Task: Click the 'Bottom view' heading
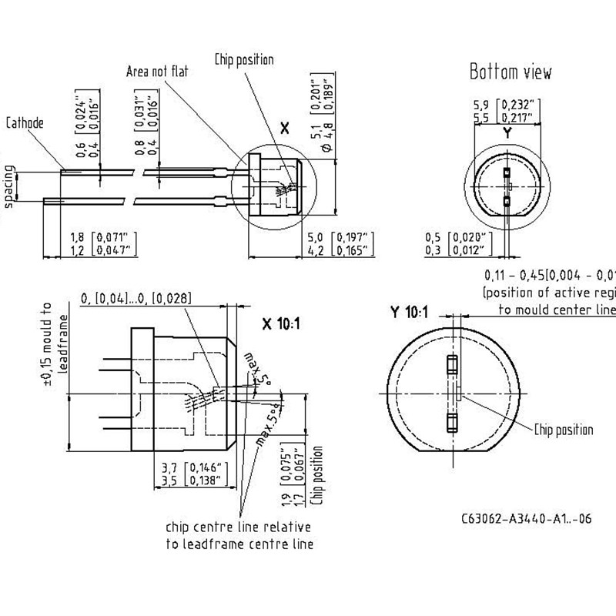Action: pyautogui.click(x=511, y=72)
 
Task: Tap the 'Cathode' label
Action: pyautogui.click(x=25, y=122)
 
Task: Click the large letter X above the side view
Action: pyautogui.click(x=284, y=129)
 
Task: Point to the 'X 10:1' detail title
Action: pyautogui.click(x=281, y=324)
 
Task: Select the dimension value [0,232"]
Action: pyautogui.click(x=519, y=104)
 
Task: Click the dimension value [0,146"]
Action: pyautogui.click(x=202, y=467)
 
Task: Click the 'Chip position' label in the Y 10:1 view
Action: pyautogui.click(x=564, y=430)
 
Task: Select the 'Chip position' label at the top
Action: pyautogui.click(x=244, y=59)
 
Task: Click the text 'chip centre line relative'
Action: pyautogui.click(x=238, y=527)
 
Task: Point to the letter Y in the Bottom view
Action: pyautogui.click(x=507, y=132)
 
